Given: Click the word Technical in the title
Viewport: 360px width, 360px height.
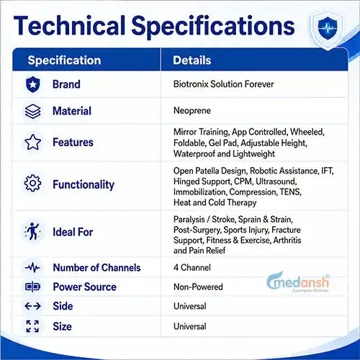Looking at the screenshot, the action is point(70,25).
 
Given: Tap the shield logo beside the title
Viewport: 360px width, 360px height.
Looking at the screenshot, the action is point(328,28).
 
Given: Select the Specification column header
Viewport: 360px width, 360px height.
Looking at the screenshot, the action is point(64,60).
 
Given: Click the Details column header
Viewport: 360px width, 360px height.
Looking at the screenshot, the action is point(192,60).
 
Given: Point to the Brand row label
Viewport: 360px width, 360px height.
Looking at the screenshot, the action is point(66,84).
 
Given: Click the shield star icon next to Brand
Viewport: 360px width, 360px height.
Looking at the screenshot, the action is point(32,84).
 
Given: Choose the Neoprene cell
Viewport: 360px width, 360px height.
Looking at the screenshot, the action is point(192,111).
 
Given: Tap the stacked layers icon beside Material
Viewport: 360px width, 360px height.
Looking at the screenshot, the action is point(32,112).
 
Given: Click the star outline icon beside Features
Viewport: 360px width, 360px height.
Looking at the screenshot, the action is point(32,142).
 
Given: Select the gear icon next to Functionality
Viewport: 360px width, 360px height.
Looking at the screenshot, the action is point(32,183).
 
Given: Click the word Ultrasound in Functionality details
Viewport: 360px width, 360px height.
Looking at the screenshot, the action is point(276,181).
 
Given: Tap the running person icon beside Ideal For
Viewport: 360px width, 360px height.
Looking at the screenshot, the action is point(32,231).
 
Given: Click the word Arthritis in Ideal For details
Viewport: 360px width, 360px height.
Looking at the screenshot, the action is point(287,240).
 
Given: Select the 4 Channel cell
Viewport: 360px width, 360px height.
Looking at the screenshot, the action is point(192,268).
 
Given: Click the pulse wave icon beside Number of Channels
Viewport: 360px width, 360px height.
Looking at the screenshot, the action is point(32,267).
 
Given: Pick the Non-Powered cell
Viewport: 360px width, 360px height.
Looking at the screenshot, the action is point(198,287).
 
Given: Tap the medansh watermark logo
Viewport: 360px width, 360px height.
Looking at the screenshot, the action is point(298,282).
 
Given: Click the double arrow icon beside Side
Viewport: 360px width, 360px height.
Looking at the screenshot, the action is point(32,306).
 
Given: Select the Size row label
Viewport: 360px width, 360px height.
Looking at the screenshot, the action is point(63,326).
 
